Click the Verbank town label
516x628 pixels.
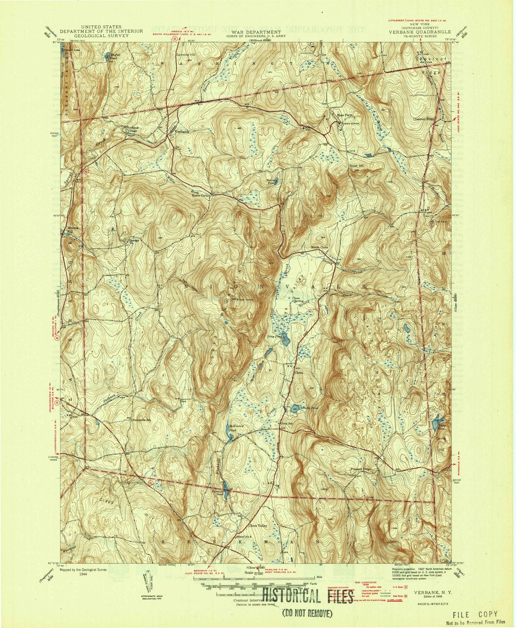tap(182, 132)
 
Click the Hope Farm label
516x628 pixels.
tap(344, 115)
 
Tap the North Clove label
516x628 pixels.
tap(319, 248)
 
